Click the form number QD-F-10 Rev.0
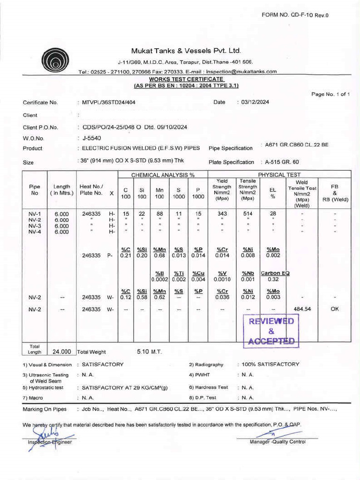coord(295,15)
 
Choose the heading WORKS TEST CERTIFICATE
coord(186,80)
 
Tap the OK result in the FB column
coord(335,309)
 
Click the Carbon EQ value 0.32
coord(273,279)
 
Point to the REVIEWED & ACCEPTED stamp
coord(271,331)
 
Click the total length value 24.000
coord(61,351)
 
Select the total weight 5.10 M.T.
coord(149,351)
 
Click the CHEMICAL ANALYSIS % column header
coord(163,175)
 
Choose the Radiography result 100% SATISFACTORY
coord(270,364)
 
